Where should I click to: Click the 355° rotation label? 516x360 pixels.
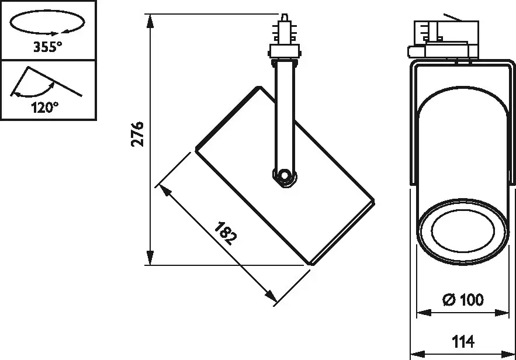47,47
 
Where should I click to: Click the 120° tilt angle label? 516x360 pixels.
45,108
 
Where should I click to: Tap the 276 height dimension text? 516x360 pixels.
137,134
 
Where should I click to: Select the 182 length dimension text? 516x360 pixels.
226,233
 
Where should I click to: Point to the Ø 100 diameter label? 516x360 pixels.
463,299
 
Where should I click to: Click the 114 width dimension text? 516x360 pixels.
463,341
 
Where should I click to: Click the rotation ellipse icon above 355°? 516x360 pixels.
47,22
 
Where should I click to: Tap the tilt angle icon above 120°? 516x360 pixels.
46,82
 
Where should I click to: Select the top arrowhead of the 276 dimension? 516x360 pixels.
150,22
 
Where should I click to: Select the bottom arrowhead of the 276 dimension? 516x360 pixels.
150,257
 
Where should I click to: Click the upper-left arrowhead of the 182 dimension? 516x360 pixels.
165,191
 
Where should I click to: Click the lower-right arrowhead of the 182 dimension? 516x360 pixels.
271,296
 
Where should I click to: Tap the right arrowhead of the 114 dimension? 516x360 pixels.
507,355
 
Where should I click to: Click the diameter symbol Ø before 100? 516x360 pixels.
449,299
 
